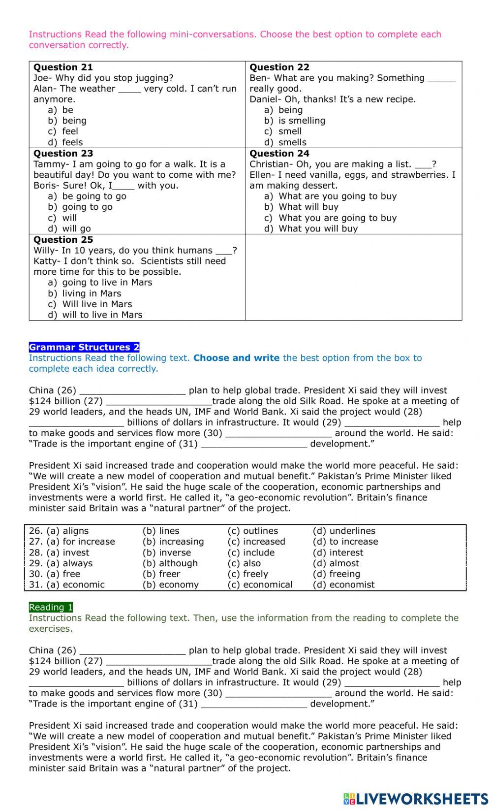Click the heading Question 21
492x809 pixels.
pyautogui.click(x=63, y=67)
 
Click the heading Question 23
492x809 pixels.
pyautogui.click(x=63, y=154)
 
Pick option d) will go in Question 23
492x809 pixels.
pyautogui.click(x=69, y=228)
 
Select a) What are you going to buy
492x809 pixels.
pyautogui.click(x=330, y=196)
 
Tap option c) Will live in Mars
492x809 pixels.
pyautogui.click(x=90, y=304)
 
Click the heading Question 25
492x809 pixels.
pyautogui.click(x=63, y=240)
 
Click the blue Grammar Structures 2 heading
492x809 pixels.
pyautogui.click(x=84, y=347)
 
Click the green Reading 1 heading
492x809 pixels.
pyautogui.click(x=51, y=607)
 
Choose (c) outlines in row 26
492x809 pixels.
pyautogui.click(x=253, y=531)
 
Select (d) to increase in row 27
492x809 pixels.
pyautogui.click(x=345, y=542)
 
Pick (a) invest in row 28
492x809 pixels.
pyautogui.click(x=68, y=552)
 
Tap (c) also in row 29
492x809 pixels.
pyautogui.click(x=245, y=563)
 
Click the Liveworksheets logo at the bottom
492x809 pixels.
pyautogui.click(x=416, y=798)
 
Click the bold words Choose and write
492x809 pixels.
pyautogui.click(x=236, y=358)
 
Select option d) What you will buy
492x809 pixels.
pyautogui.click(x=311, y=228)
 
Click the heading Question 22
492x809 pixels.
pyautogui.click(x=279, y=67)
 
